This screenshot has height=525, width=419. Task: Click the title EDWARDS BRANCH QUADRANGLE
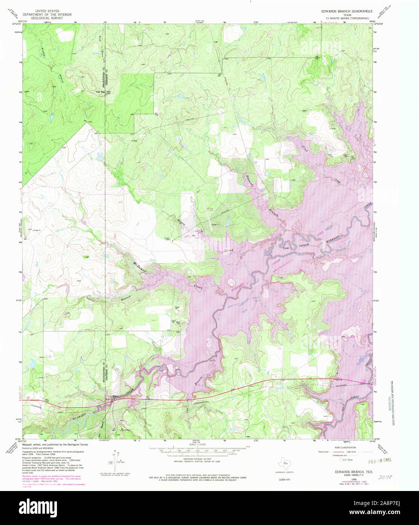point(347,12)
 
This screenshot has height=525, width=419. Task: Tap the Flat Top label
point(100,92)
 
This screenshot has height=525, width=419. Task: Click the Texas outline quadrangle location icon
point(282,463)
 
